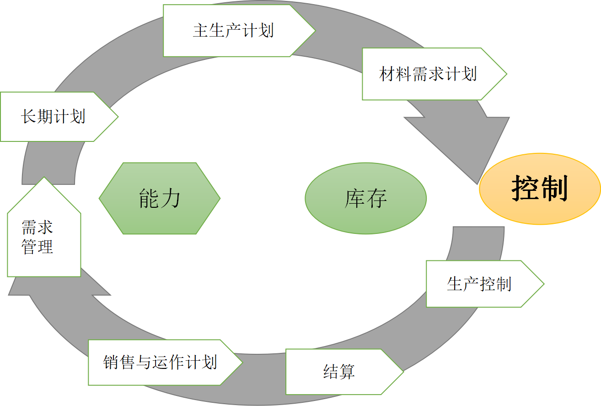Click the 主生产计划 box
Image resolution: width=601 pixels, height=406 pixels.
pos(233,31)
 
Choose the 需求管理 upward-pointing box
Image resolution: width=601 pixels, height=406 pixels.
pos(44,233)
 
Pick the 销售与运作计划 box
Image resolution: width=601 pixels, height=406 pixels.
pos(160,363)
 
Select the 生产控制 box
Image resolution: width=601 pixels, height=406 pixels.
pos(479,284)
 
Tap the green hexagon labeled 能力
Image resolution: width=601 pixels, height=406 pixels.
pos(160,198)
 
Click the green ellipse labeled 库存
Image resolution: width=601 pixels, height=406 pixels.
pos(365,198)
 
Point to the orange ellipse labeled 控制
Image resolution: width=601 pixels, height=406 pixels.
pos(540,189)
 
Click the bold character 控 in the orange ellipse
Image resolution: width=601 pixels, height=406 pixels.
pos(525,189)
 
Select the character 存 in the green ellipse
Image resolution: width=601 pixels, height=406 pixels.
pos(376,198)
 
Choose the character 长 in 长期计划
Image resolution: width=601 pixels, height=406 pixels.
pos(28,116)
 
